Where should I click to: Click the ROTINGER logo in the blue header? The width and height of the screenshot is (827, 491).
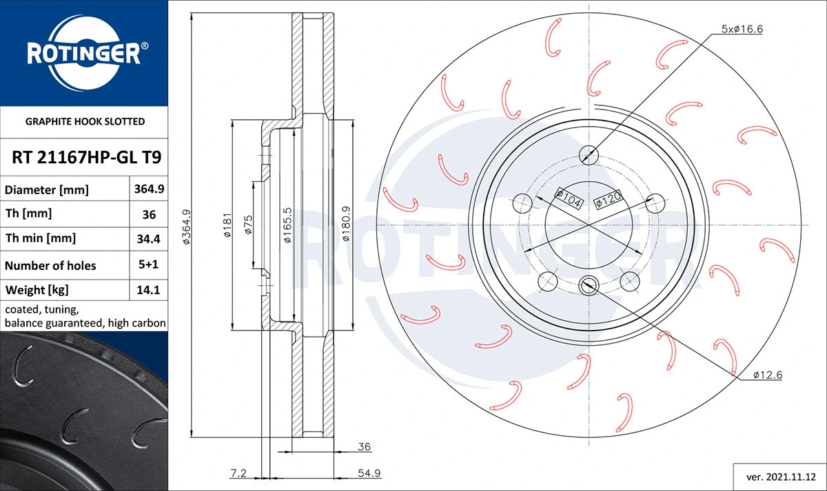click(x=84, y=54)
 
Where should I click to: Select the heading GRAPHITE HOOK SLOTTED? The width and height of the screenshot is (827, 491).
click(x=85, y=122)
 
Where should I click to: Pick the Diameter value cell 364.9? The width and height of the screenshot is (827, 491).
click(x=149, y=189)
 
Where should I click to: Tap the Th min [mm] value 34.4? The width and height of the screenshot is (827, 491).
click(x=149, y=239)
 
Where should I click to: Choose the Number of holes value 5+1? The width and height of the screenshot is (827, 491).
click(x=149, y=265)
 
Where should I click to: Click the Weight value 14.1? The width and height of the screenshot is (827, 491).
click(x=149, y=290)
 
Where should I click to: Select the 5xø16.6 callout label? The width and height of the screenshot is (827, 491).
click(x=742, y=29)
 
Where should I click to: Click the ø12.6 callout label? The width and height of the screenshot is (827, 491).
click(x=766, y=375)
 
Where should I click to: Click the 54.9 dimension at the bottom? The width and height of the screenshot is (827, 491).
click(x=369, y=472)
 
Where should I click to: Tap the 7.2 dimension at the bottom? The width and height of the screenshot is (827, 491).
click(x=238, y=472)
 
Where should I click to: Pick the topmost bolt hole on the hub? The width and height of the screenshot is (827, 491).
click(x=589, y=153)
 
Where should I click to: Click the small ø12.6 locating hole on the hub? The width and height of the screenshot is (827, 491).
click(x=589, y=282)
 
